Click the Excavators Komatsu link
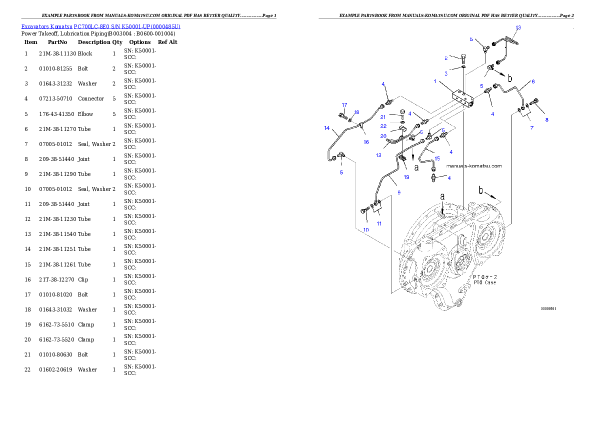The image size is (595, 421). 46,26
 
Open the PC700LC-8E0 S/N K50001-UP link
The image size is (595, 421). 127,26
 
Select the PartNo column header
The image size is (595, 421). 57,42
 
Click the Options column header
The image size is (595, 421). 139,42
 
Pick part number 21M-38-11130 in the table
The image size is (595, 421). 57,53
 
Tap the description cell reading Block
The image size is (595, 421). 85,53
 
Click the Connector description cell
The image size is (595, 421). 90,98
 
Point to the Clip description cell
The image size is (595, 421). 83,279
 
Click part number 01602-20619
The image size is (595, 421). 55,369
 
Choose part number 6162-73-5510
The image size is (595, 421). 56,324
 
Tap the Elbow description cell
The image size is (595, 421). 85,114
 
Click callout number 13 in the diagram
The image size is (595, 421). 518,27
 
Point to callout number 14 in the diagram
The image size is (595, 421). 326,128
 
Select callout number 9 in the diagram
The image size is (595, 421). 399,192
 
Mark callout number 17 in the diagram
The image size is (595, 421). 344,105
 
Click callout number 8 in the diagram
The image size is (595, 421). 547,119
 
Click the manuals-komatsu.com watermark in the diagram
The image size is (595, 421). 474,166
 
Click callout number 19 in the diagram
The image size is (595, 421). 406,177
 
